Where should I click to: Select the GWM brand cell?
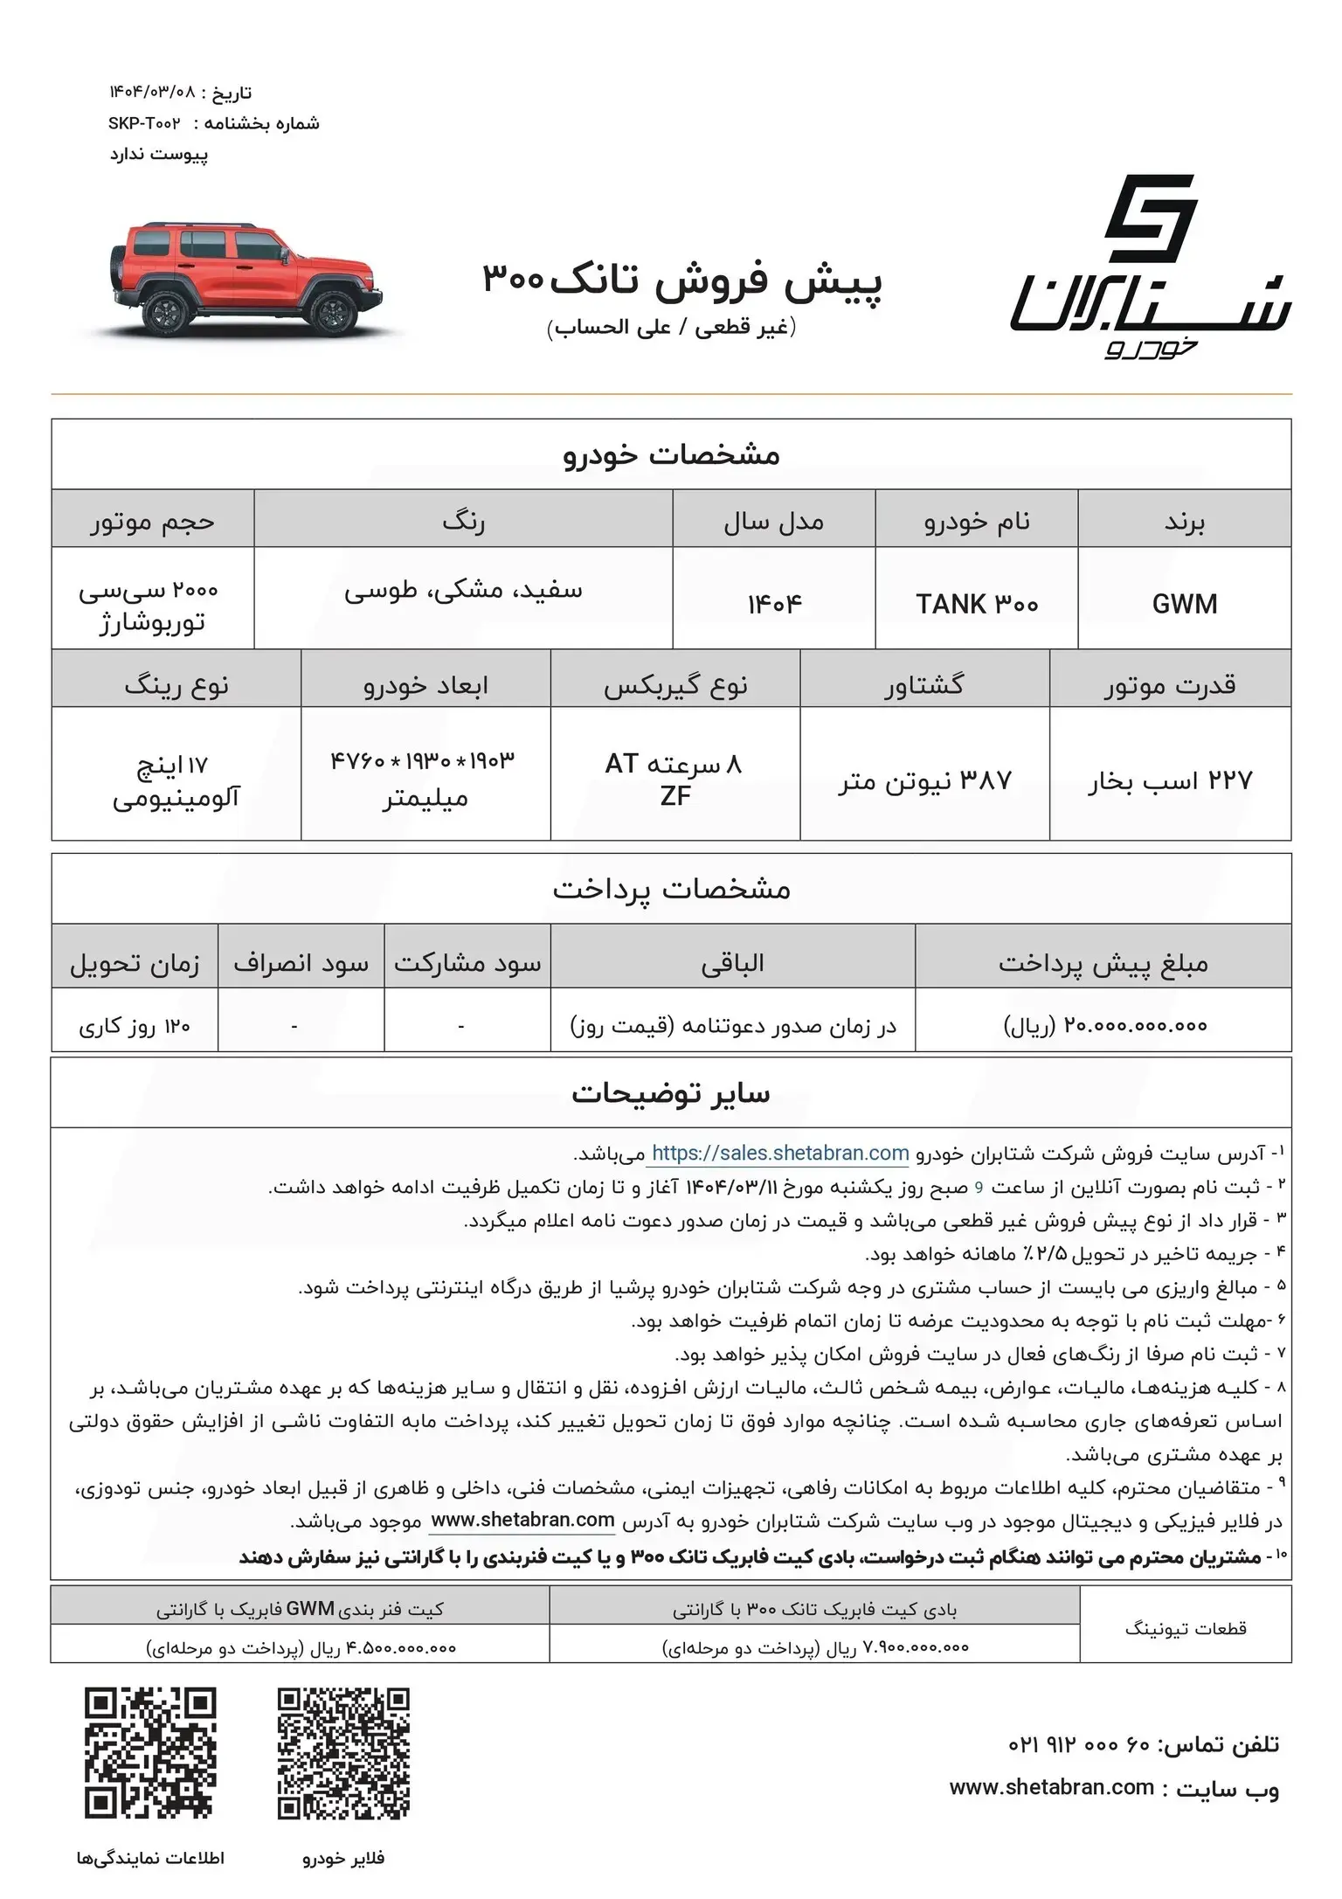click(x=1184, y=604)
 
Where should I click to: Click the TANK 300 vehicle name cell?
click(x=976, y=604)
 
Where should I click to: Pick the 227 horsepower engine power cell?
click(x=1170, y=780)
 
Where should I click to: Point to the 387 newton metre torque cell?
click(x=924, y=780)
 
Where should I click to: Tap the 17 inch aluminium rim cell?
click(x=176, y=780)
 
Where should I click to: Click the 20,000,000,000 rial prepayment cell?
click(x=1104, y=1025)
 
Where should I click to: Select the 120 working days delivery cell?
click(x=135, y=1025)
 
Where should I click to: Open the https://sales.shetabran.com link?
click(x=780, y=1153)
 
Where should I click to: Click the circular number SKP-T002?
click(x=144, y=123)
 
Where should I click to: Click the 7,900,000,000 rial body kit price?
click(x=816, y=1647)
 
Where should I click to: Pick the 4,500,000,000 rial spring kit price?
click(x=301, y=1647)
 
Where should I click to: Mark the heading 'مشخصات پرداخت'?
click(x=671, y=889)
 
